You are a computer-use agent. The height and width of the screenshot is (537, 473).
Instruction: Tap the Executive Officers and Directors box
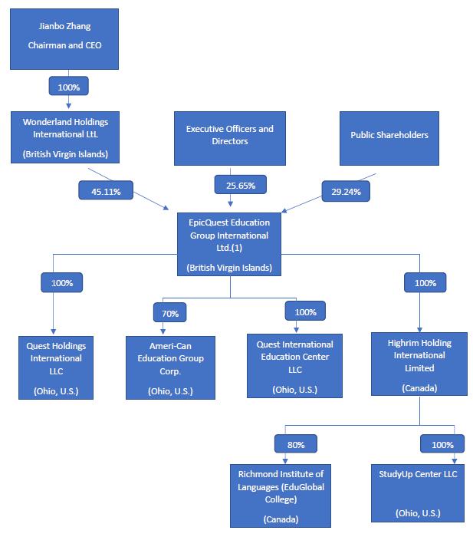point(229,138)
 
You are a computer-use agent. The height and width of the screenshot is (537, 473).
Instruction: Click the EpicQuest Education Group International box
point(228,243)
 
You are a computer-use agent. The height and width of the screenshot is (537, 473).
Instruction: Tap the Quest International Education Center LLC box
point(294,365)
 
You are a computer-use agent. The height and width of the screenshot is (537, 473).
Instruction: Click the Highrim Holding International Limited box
point(419,364)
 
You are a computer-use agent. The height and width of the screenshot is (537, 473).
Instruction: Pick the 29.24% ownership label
point(346,189)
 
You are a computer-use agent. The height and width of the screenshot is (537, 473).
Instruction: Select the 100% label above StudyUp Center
point(441,444)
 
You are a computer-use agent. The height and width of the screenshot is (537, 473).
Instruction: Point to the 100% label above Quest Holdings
point(61,282)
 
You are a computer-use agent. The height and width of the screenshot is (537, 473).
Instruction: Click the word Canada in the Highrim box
point(419,389)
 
